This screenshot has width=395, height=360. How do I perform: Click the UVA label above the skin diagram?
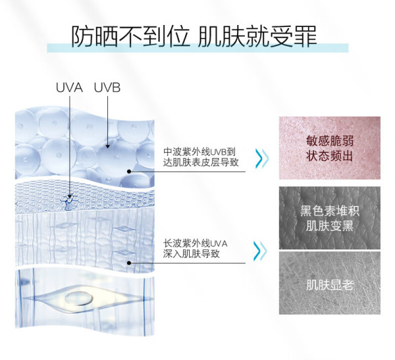pos(69,88)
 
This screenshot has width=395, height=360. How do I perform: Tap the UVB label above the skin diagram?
pos(107,88)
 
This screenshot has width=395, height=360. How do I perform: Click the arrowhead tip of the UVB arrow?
pos(107,148)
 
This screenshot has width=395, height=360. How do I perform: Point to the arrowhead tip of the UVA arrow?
pos(70,199)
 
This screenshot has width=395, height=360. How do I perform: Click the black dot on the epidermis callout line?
pos(129,172)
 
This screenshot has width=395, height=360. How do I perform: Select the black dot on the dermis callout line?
pos(129,263)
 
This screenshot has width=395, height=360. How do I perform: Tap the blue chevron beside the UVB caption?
pos(262,159)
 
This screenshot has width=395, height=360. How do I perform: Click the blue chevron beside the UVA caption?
pos(260,251)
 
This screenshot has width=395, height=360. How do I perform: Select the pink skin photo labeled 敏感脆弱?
pos(330,148)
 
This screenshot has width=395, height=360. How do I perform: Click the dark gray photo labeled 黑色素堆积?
pos(330,218)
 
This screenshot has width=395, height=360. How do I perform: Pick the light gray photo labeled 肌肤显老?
pos(330,283)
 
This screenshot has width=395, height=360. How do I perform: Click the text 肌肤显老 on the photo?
pos(330,285)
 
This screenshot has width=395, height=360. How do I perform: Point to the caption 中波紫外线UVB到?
pos(199,151)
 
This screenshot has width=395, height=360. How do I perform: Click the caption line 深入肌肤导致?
pos(192,253)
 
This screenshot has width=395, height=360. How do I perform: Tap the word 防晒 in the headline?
pos(94,36)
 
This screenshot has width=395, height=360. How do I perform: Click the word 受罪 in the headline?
pos(294,36)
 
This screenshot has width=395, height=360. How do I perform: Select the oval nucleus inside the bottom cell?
pos(79,298)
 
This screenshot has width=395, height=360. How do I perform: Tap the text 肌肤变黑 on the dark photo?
pos(330,226)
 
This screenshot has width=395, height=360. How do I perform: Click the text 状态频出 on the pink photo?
pos(330,156)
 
